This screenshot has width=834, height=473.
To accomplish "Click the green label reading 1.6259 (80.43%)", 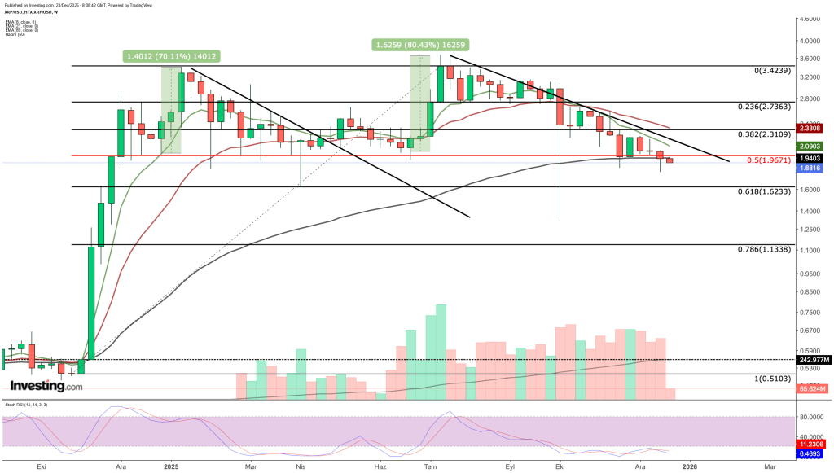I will pyautogui.click(x=421, y=45).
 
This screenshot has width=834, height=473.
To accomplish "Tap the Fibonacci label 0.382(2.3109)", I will pyautogui.click(x=769, y=135).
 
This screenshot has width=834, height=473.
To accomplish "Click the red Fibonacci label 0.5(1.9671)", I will pyautogui.click(x=766, y=160).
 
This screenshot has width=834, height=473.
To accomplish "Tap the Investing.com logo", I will pyautogui.click(x=46, y=386).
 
